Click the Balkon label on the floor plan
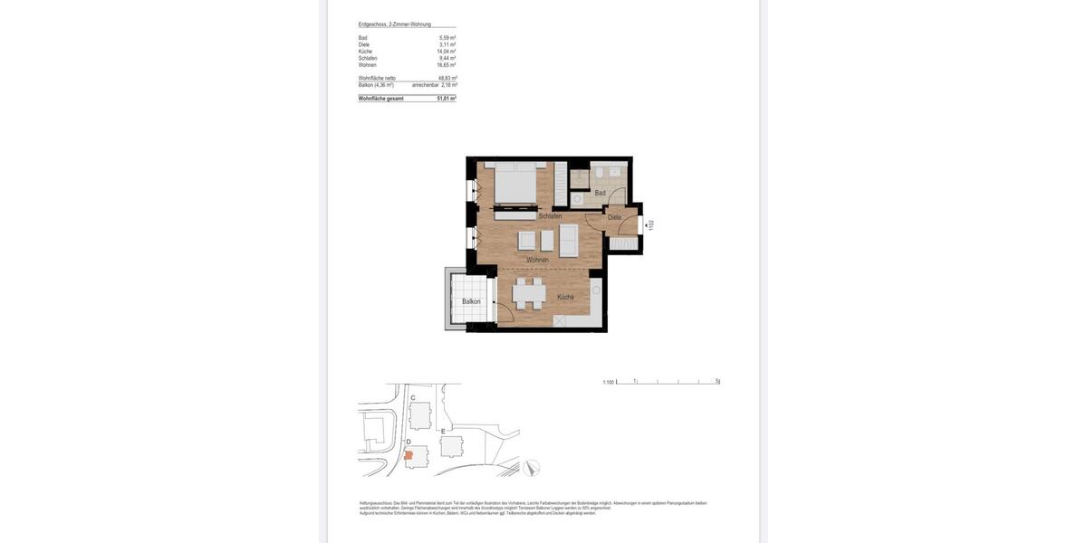(471, 301)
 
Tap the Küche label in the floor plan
(565, 297)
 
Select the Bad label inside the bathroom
(600, 193)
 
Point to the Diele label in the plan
(614, 217)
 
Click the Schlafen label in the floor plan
(550, 216)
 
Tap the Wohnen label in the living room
(537, 260)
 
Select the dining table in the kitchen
(528, 294)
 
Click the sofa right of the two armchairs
(569, 240)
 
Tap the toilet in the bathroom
(577, 198)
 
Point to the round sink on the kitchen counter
(596, 290)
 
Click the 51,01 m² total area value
(446, 99)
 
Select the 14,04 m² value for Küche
(446, 52)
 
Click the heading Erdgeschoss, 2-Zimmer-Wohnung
(395, 24)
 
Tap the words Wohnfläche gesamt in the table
(381, 99)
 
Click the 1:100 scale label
(609, 382)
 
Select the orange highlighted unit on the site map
(409, 455)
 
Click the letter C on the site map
(413, 398)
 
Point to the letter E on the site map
(443, 431)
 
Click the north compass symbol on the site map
(532, 468)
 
